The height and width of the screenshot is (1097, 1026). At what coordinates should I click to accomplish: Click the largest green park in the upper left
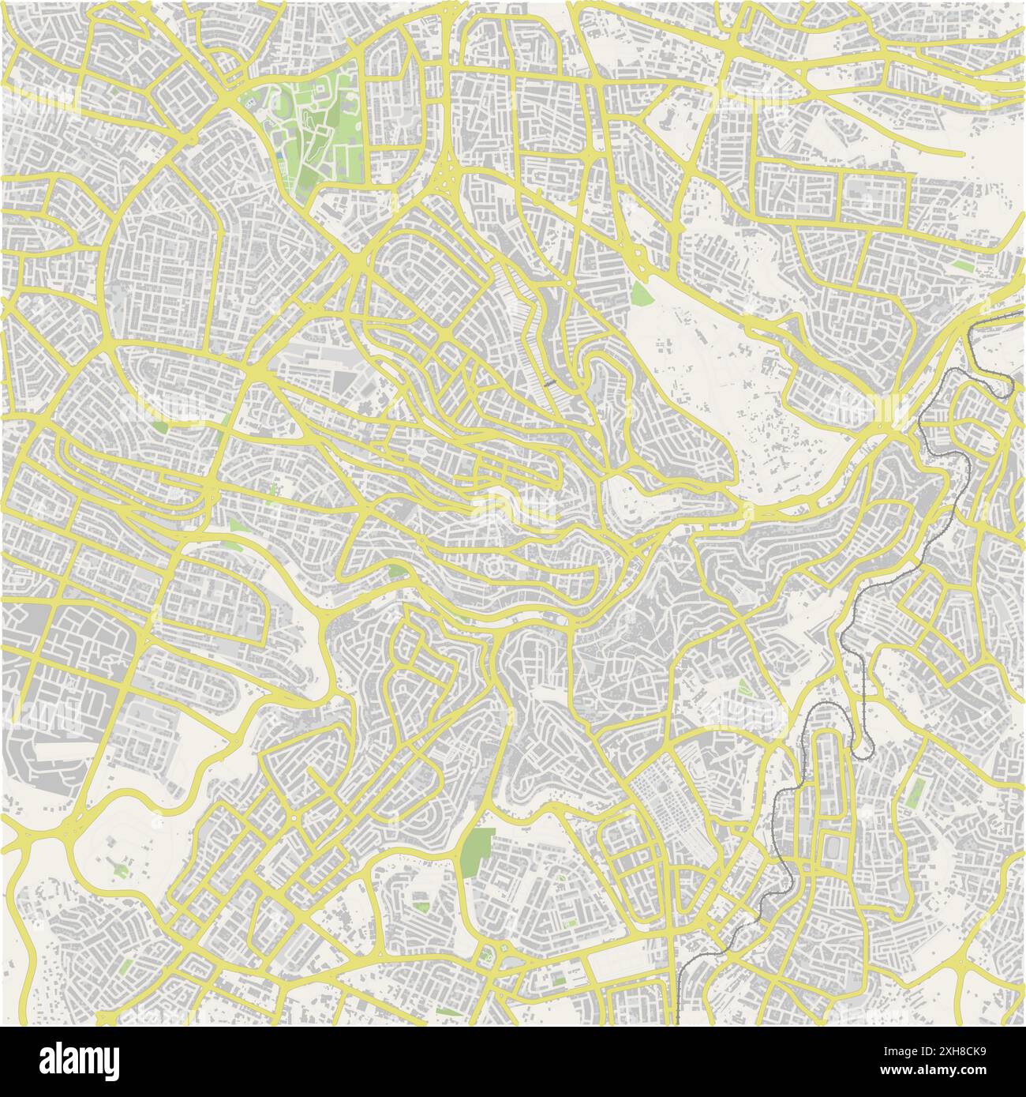tap(316, 126)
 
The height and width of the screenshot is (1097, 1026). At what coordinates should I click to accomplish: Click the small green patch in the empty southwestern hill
tap(120, 868)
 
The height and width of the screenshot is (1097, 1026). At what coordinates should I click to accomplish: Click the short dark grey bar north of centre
tap(551, 381)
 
